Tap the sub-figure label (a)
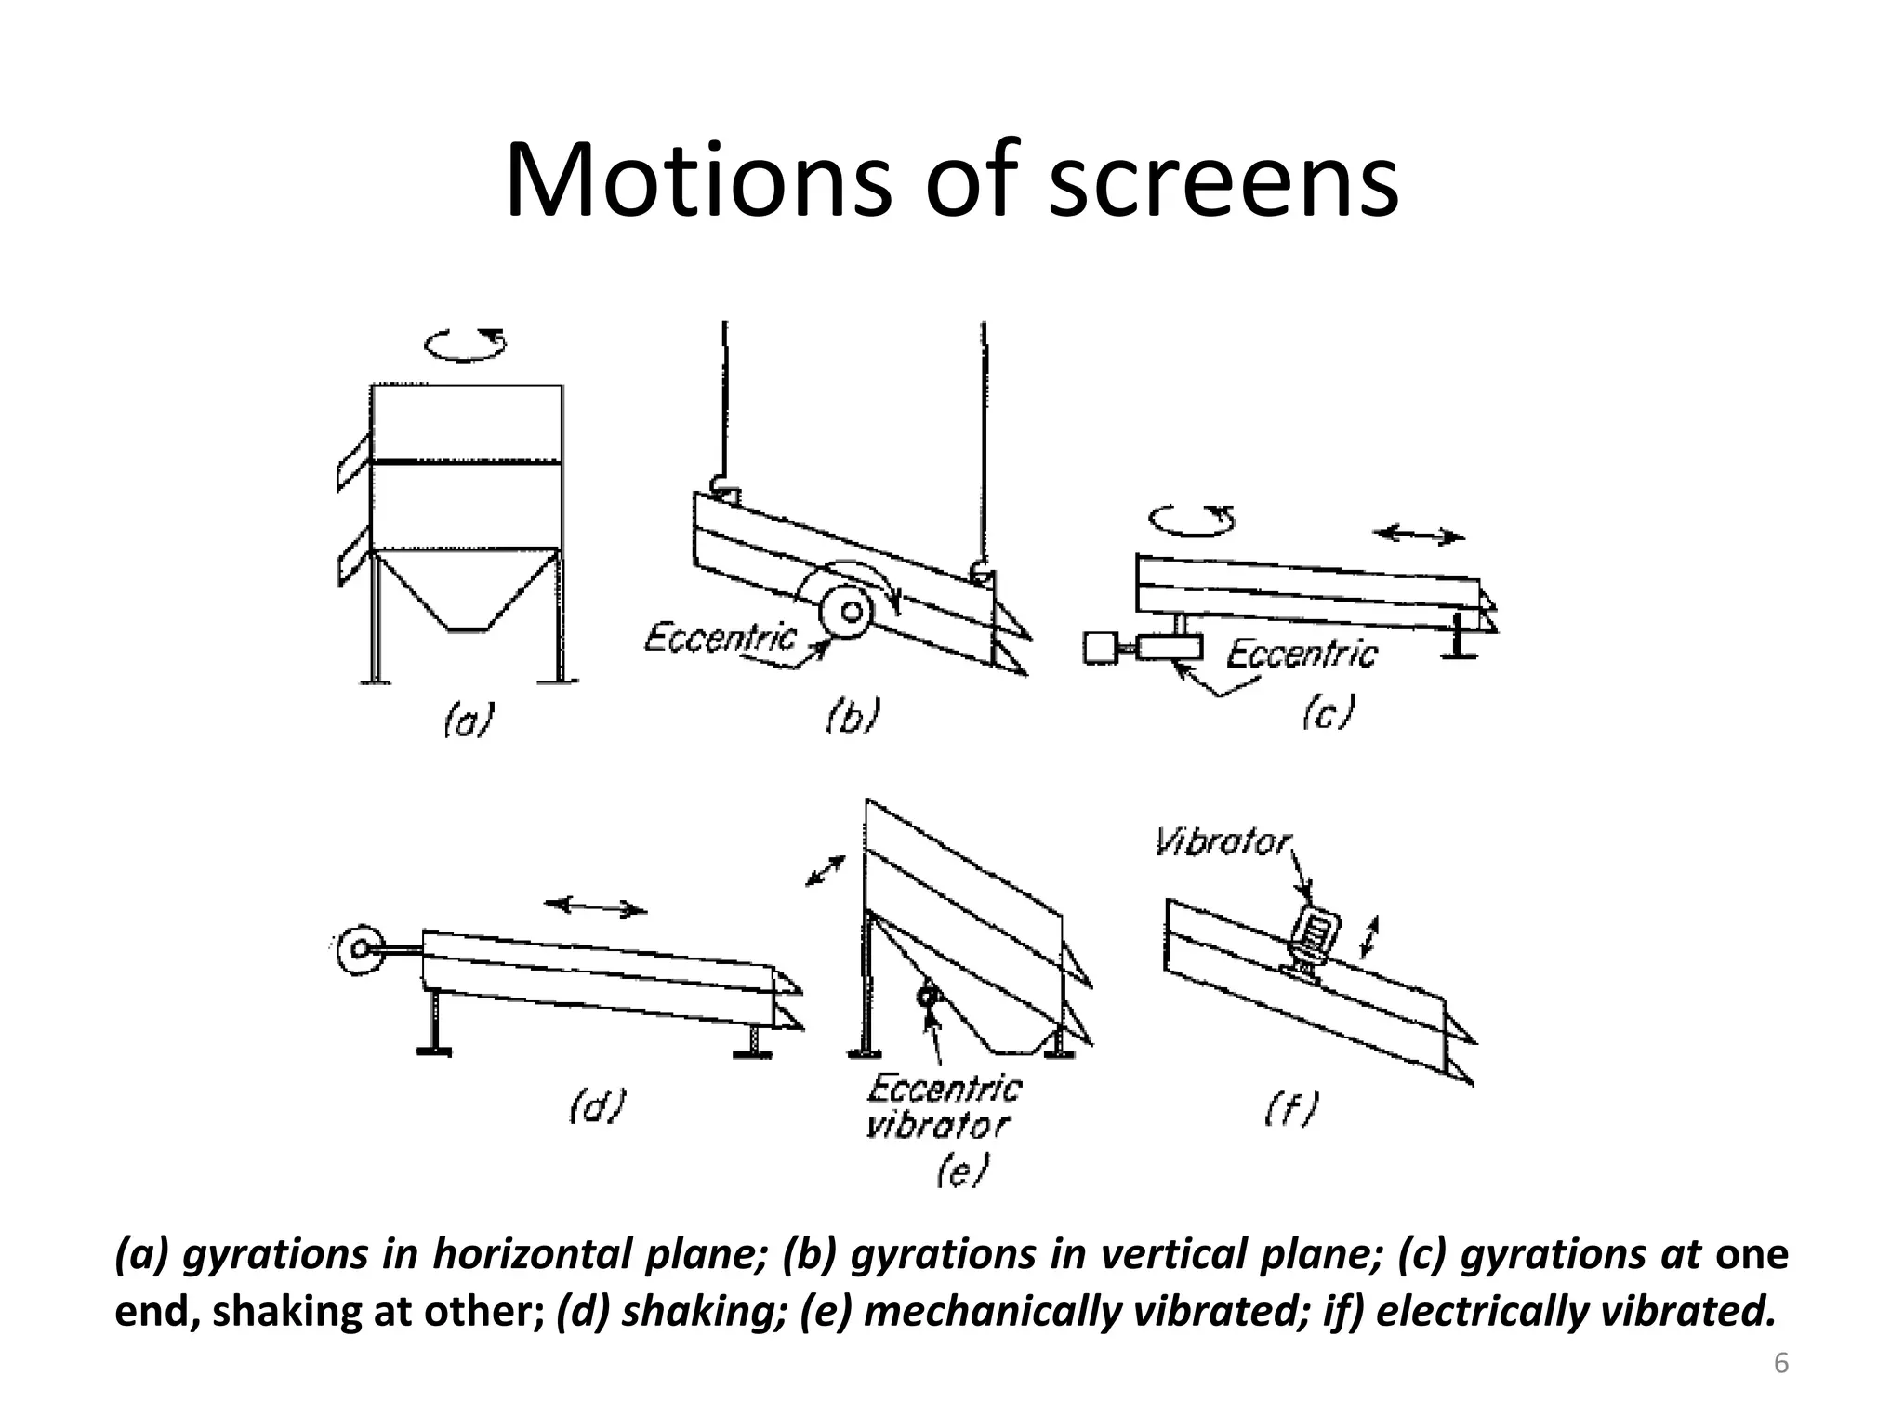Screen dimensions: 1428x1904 click(x=468, y=721)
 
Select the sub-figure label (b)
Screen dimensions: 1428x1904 click(x=853, y=717)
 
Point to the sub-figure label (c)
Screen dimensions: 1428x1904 click(x=1329, y=713)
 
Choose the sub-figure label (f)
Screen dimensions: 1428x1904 click(x=1292, y=1108)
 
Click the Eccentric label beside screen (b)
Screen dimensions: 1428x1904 click(x=721, y=639)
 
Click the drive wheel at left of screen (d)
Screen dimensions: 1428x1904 click(x=360, y=949)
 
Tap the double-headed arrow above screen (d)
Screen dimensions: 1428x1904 click(x=595, y=906)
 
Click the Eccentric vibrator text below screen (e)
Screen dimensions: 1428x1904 click(x=941, y=1106)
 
